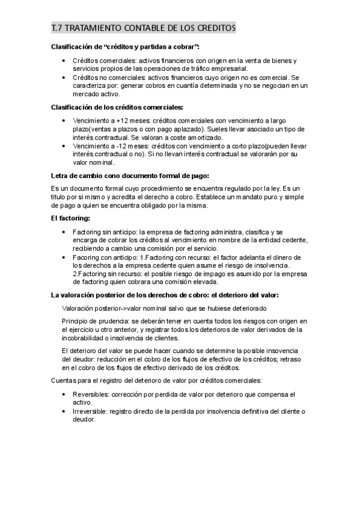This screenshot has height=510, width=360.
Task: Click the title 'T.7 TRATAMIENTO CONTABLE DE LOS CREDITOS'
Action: (x=143, y=28)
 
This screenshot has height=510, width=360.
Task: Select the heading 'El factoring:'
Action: (x=71, y=219)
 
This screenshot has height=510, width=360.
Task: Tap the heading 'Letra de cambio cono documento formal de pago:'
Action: (x=129, y=176)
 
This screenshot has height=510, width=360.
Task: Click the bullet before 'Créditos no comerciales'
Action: (x=65, y=78)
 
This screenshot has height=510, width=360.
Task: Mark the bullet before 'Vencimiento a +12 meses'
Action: (x=65, y=121)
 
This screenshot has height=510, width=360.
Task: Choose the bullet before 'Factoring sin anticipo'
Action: (x=65, y=232)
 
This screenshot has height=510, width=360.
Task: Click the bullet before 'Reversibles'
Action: (x=65, y=395)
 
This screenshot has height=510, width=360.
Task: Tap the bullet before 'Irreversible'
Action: (x=65, y=411)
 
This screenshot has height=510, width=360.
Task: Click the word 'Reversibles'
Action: (x=91, y=395)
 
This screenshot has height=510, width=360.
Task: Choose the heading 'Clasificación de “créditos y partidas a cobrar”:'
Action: (x=124, y=47)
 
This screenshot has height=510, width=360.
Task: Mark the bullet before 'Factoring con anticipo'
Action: (x=65, y=257)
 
